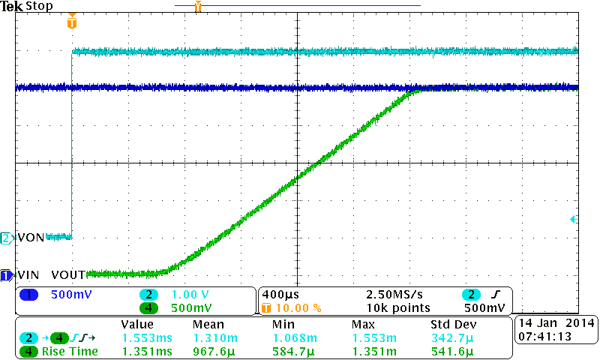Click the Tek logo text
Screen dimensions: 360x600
tap(12, 6)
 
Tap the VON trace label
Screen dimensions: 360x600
tap(30, 238)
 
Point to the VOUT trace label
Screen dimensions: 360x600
tap(68, 275)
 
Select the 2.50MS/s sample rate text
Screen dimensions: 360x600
tap(391, 295)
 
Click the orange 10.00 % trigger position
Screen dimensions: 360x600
tap(298, 307)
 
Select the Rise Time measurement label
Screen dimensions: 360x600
tap(70, 351)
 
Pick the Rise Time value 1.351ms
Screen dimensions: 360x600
tap(147, 351)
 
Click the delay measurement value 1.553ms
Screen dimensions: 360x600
tap(147, 338)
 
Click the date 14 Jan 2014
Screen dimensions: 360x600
tap(556, 323)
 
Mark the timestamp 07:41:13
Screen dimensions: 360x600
tap(544, 337)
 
